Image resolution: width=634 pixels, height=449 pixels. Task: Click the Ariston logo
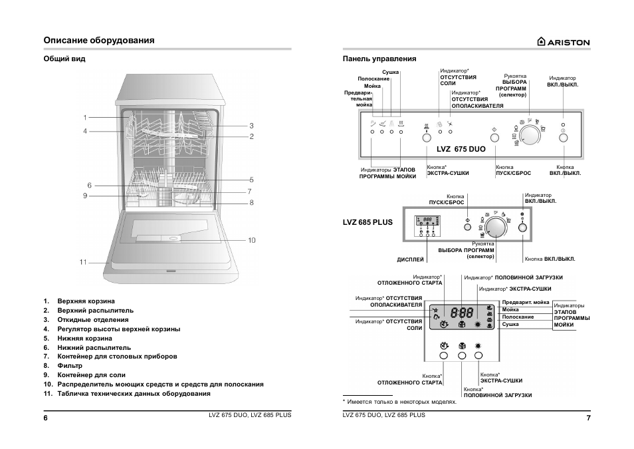(x=563, y=42)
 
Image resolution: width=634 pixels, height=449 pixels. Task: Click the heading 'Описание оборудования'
(x=99, y=41)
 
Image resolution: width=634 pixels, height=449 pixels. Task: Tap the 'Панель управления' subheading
(x=379, y=59)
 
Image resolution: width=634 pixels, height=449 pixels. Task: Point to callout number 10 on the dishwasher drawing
(x=251, y=239)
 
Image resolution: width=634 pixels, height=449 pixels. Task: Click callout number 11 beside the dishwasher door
(x=83, y=262)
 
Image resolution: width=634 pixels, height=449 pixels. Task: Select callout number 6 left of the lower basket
(x=89, y=185)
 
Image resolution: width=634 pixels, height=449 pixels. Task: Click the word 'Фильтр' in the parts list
(x=70, y=366)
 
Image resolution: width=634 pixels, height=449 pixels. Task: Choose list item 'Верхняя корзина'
(x=86, y=301)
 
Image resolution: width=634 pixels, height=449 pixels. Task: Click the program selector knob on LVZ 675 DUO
(x=530, y=135)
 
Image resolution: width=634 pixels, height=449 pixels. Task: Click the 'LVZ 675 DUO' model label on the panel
(x=461, y=149)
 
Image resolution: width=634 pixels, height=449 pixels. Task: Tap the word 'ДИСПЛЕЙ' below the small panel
(x=410, y=259)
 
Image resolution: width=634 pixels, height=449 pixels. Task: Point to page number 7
(x=588, y=417)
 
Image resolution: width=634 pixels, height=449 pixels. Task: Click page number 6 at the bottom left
(x=46, y=417)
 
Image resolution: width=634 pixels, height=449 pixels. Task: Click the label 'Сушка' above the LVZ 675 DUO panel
(x=390, y=72)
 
